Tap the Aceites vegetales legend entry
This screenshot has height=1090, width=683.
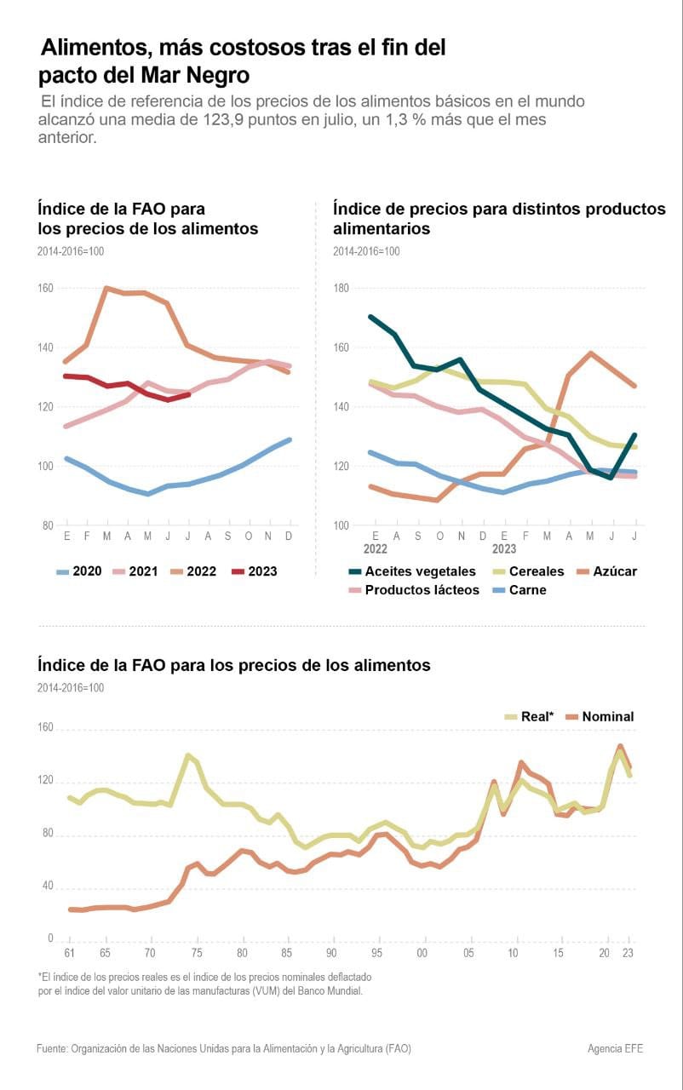411,571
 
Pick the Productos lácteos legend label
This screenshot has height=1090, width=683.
412,590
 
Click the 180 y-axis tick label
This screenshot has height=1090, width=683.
341,289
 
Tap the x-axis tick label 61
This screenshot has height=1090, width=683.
69,952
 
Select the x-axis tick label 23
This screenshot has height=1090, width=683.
629,952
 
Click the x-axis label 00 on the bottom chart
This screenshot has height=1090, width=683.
422,952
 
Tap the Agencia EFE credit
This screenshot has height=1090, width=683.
615,1048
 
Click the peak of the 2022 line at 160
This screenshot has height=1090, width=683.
106,288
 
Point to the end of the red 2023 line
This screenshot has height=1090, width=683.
188,394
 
